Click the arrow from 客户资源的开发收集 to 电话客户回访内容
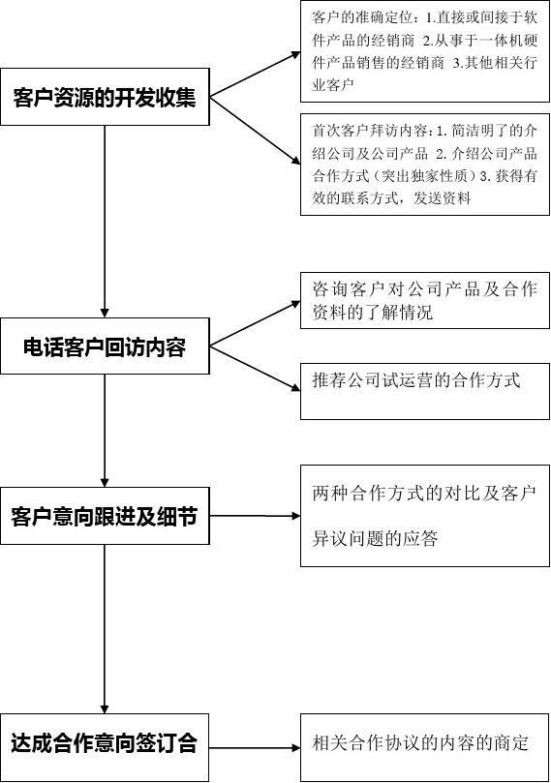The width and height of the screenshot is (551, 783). [x=105, y=222]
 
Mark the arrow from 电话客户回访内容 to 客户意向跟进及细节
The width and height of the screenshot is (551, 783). [x=105, y=431]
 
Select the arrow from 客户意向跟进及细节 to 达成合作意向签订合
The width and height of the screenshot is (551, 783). [x=105, y=629]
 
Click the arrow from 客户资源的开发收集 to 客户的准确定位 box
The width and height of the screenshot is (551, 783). [x=255, y=74]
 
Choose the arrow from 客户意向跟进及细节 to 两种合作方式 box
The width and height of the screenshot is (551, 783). [x=255, y=516]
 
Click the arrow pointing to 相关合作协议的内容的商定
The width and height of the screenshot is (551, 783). [x=255, y=747]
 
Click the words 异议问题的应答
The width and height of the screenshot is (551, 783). [x=375, y=539]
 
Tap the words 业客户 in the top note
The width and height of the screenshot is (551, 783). [x=333, y=85]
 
